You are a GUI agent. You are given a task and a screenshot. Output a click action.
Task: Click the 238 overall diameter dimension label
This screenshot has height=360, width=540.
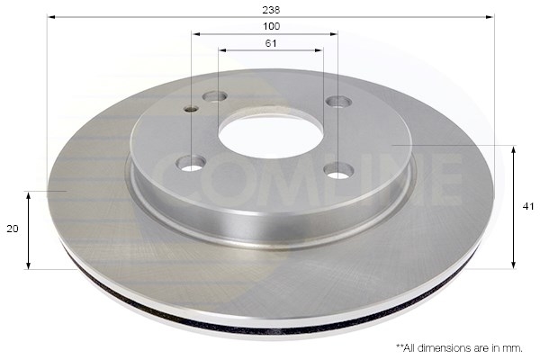[x=271, y=10]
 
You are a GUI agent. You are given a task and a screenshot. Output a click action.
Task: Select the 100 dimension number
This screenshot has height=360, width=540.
[x=272, y=26]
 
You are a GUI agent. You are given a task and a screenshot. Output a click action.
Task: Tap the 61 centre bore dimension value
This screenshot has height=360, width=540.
[x=271, y=43]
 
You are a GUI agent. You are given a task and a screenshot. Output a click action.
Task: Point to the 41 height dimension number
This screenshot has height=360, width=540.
[x=528, y=206]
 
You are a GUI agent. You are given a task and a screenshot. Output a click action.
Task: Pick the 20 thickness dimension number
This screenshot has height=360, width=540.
[x=13, y=229]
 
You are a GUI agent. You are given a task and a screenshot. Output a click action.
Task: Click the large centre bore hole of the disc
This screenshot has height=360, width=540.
[x=271, y=137]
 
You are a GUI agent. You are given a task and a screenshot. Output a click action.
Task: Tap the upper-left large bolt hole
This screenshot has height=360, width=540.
[x=214, y=97]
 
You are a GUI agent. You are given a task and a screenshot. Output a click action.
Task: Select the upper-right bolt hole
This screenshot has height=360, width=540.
[x=339, y=102]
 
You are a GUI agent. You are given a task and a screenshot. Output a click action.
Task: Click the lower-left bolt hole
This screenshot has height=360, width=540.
[x=191, y=163]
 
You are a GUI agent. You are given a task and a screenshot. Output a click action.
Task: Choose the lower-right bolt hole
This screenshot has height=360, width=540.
[x=339, y=170]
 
